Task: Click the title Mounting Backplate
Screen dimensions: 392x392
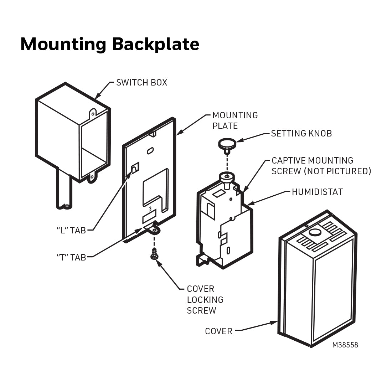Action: click(109, 44)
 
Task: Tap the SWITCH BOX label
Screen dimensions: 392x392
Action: click(141, 83)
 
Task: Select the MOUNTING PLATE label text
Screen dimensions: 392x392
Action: click(234, 120)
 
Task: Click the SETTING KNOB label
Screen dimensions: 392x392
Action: click(301, 134)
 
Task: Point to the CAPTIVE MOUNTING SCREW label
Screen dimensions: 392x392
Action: click(321, 166)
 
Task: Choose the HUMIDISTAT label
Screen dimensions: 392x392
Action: click(317, 192)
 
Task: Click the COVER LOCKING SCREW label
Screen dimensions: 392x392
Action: click(205, 300)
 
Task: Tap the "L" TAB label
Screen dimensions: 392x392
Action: click(71, 231)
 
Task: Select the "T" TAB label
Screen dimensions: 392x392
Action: click(71, 257)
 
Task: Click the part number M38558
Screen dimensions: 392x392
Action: click(345, 345)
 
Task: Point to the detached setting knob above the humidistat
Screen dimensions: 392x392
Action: click(227, 145)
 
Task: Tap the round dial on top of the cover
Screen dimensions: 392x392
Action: click(314, 233)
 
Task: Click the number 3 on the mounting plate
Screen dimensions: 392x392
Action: click(150, 208)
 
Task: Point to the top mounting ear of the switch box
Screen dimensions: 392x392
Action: click(92, 114)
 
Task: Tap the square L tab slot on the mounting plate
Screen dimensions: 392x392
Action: click(135, 167)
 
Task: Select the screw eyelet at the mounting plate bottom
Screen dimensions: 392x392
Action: click(154, 229)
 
